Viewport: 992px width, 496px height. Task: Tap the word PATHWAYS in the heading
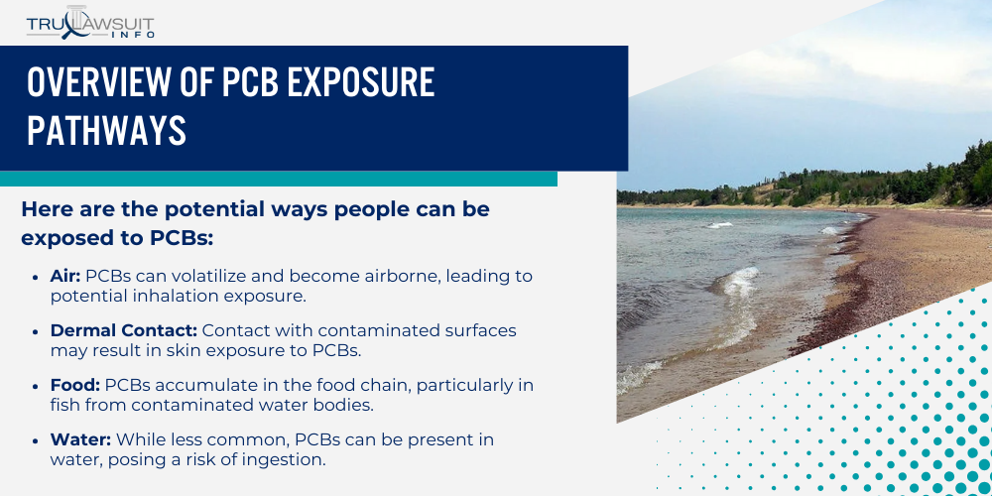tap(106, 130)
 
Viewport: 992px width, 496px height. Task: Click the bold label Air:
tap(65, 275)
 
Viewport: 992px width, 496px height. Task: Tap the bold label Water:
tap(80, 438)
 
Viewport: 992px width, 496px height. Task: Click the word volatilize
tap(242, 275)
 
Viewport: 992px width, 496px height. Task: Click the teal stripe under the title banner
tap(278, 179)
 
